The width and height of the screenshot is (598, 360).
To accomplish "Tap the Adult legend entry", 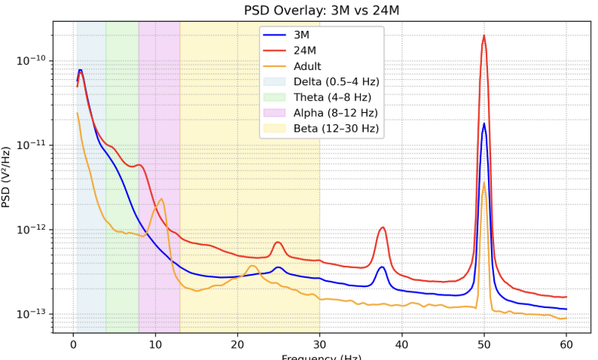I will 307,66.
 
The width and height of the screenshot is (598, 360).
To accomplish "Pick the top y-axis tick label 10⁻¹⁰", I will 31,60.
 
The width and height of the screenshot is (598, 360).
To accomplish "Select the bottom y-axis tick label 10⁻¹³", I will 31,314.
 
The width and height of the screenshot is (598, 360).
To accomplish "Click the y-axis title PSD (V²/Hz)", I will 8,177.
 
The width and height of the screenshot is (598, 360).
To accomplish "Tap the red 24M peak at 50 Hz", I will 484,35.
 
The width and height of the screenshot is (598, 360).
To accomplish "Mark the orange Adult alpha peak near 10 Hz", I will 161,199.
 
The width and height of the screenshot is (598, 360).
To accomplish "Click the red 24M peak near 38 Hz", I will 383,227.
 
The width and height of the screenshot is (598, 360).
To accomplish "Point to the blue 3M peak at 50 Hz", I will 484,124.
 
